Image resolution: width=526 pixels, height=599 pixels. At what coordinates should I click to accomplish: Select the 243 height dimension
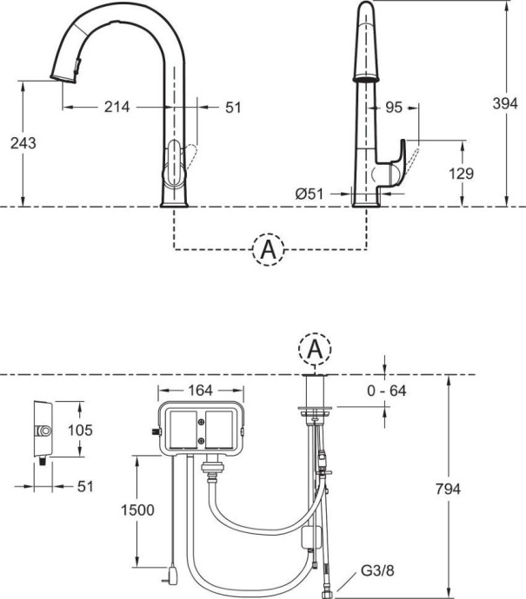(23, 143)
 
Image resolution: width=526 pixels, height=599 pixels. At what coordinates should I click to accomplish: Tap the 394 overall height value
(507, 102)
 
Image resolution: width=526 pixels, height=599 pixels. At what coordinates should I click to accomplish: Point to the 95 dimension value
(392, 107)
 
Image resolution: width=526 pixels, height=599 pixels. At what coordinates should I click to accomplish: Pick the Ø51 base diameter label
(309, 194)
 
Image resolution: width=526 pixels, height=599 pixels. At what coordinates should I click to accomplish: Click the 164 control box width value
(200, 390)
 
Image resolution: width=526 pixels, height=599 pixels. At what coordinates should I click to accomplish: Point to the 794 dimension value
(447, 488)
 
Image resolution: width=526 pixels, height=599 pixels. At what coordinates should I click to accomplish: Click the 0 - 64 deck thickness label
(386, 391)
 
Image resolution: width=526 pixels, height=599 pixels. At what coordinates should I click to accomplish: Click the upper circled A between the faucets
(269, 250)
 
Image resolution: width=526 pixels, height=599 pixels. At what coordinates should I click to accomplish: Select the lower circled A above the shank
(316, 349)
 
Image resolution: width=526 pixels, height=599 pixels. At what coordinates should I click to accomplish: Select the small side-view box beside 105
(41, 431)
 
